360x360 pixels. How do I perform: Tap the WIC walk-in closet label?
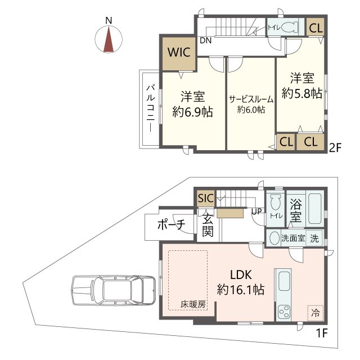(179, 52)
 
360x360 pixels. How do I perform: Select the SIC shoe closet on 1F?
(206, 198)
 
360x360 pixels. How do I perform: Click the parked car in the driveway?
(114, 290)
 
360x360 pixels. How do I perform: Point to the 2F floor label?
(335, 148)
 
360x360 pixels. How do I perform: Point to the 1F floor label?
(321, 333)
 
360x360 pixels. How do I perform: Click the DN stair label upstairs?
(205, 40)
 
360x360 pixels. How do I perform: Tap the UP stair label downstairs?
(256, 211)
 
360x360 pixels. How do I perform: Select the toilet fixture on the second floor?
(290, 28)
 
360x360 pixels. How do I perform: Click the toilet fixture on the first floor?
(274, 202)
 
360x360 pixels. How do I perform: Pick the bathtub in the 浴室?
(314, 209)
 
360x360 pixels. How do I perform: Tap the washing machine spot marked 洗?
(314, 238)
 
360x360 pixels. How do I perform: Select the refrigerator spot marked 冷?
(315, 313)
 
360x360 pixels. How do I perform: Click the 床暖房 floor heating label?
(193, 304)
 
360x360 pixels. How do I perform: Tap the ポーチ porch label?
(171, 224)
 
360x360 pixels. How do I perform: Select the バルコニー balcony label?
(151, 109)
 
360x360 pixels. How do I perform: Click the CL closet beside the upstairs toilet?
(316, 28)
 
